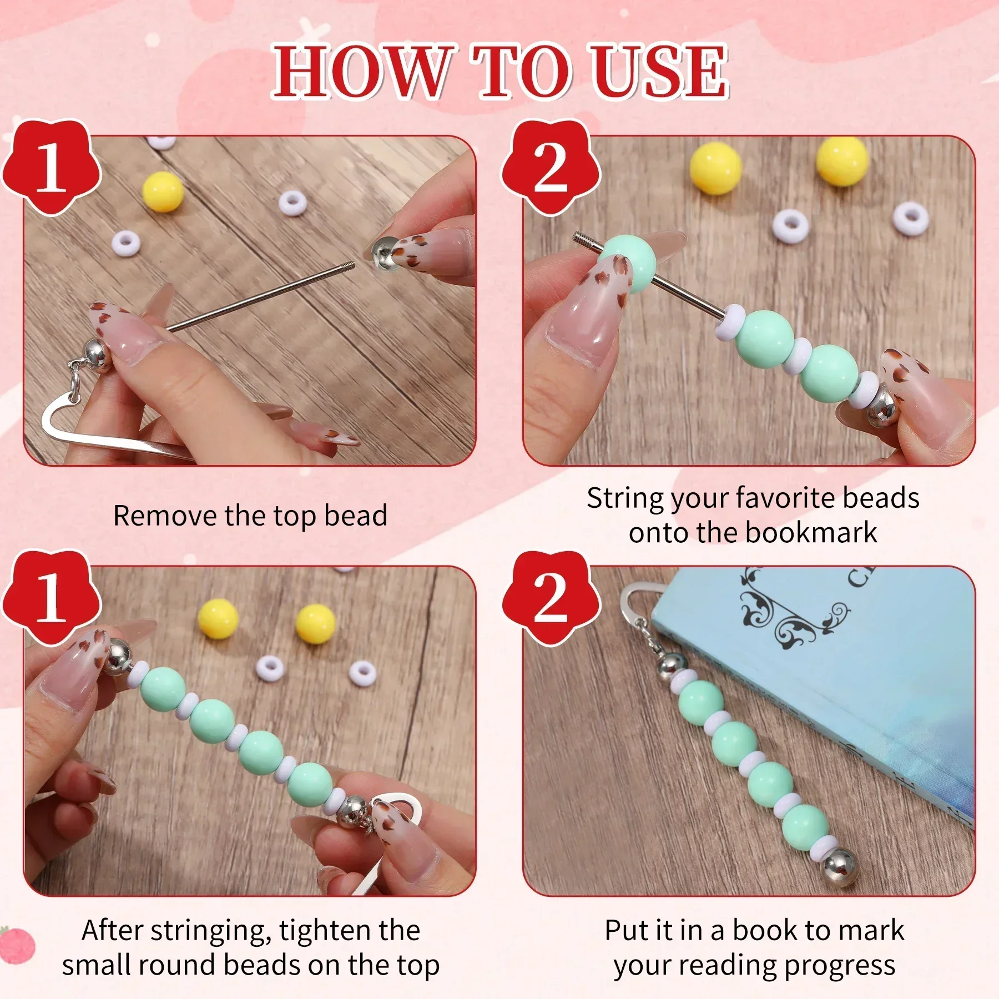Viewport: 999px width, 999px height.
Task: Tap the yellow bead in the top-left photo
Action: pos(163,191)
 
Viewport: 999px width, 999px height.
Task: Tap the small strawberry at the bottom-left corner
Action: pos(17,944)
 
